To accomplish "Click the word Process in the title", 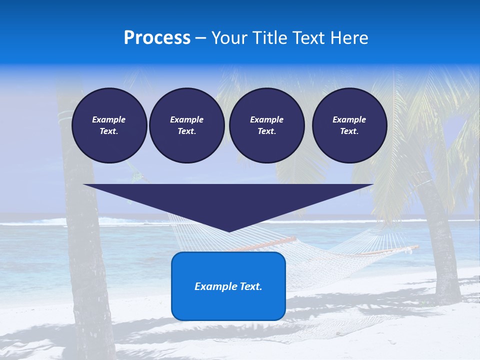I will pos(157,38).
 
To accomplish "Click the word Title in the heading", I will pos(268,38).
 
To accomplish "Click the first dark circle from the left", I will pos(109,125).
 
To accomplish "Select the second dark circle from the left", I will pos(186,125).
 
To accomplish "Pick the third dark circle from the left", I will pos(266,125).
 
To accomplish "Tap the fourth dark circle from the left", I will pos(349,125).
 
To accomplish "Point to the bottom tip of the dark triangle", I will pos(229,231).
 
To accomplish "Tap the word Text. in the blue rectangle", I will pos(251,286).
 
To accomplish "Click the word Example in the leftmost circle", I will pos(109,119).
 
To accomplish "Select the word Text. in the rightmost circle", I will pos(349,131).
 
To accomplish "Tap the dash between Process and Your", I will pos(201,38).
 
